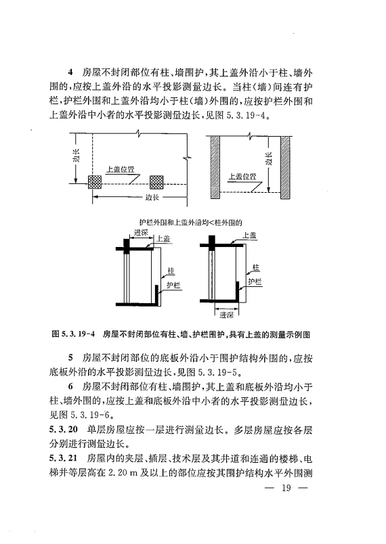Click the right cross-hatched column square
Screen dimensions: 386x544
[x=156, y=182]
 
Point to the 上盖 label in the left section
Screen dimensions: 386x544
[x=164, y=238]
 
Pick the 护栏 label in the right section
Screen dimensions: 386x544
[x=254, y=280]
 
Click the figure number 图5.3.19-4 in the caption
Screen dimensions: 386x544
[x=73, y=334]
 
